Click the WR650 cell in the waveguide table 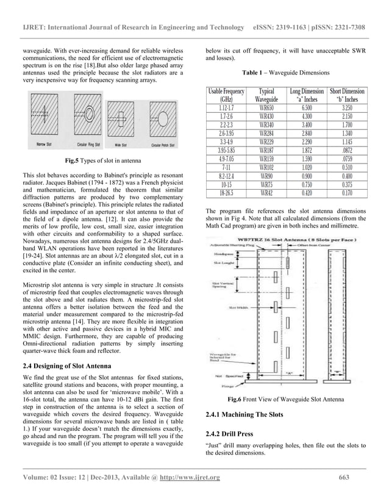click(x=266, y=106)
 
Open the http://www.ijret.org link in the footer click(x=185, y=494)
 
